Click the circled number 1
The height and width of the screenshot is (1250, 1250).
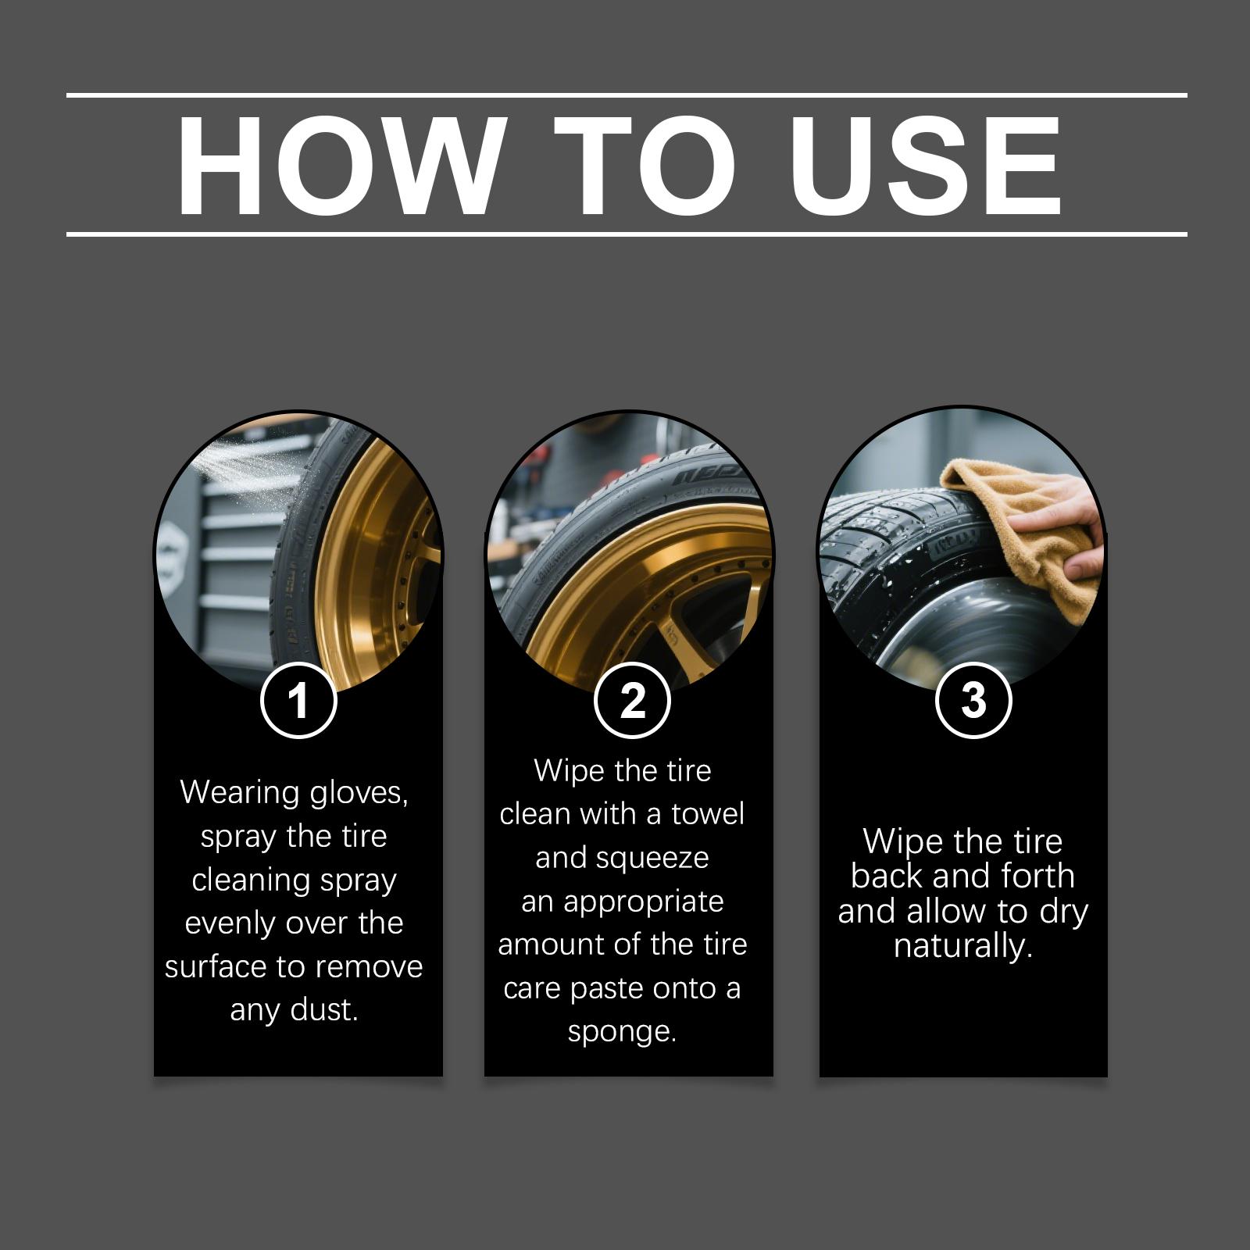298,699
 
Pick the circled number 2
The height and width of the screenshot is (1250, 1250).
632,699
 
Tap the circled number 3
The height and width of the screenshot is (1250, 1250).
973,699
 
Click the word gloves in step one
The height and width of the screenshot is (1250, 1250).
359,794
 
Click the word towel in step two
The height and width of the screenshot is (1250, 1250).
708,814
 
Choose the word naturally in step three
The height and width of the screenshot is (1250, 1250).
963,947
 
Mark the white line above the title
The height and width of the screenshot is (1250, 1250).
627,95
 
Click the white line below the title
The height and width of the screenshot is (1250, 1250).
627,234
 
